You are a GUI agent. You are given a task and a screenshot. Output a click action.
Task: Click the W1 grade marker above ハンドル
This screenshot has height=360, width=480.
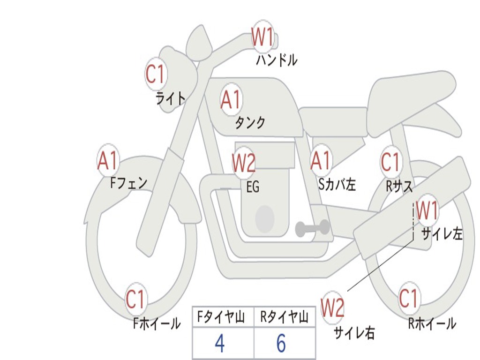coord(262,36)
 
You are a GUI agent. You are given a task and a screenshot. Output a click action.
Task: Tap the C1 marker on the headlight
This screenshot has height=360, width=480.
coord(156,74)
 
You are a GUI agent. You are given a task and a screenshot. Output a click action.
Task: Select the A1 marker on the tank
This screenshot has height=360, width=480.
coord(230,99)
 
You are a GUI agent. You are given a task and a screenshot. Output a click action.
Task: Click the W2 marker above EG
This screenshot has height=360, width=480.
coord(243,163)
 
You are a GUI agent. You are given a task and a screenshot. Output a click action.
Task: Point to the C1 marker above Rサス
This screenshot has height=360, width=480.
coord(390,162)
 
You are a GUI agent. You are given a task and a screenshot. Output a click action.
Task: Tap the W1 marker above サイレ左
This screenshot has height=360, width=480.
coord(427,210)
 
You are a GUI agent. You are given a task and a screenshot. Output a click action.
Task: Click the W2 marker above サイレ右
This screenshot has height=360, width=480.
coord(332,308)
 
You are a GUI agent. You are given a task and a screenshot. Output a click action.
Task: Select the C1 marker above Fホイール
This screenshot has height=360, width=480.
coord(135,300)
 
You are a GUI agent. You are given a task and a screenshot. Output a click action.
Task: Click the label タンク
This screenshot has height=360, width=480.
coord(250,123)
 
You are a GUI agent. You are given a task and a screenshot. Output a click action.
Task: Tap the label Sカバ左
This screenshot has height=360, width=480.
coord(337,185)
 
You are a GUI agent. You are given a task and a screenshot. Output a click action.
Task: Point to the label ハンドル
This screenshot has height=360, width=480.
coord(277,60)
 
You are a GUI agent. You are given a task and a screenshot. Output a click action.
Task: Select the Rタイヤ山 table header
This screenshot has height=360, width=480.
coord(284,318)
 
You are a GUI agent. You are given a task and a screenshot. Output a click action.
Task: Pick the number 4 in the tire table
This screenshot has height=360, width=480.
coord(219,344)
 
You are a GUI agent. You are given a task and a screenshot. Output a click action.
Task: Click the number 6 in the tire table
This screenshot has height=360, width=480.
coord(281,344)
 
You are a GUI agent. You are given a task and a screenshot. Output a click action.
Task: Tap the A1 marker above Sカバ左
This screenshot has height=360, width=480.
coord(321,160)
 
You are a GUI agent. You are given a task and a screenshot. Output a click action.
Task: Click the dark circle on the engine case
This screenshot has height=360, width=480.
coord(265,218)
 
